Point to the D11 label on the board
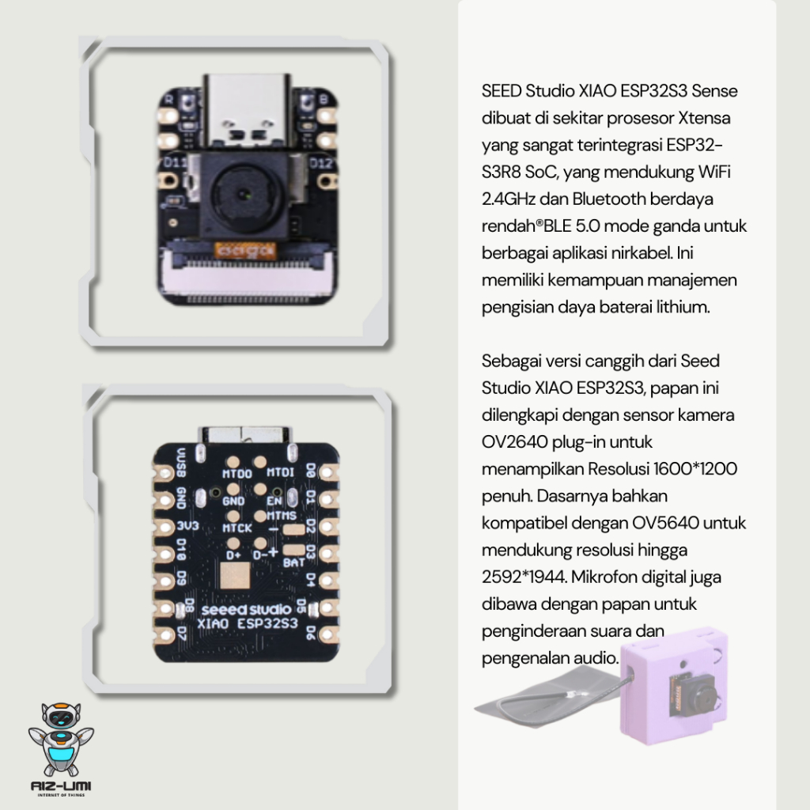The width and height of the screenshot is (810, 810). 173,161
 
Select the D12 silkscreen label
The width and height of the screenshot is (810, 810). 320,163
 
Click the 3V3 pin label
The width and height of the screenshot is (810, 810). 187,526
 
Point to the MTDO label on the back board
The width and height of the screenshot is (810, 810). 237,473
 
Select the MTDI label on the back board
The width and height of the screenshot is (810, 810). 282,472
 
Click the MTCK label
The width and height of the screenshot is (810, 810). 237,528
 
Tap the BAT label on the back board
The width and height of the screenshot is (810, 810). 294,562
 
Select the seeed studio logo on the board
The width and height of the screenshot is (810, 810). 247,610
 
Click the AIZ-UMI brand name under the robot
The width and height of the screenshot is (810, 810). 60,785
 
